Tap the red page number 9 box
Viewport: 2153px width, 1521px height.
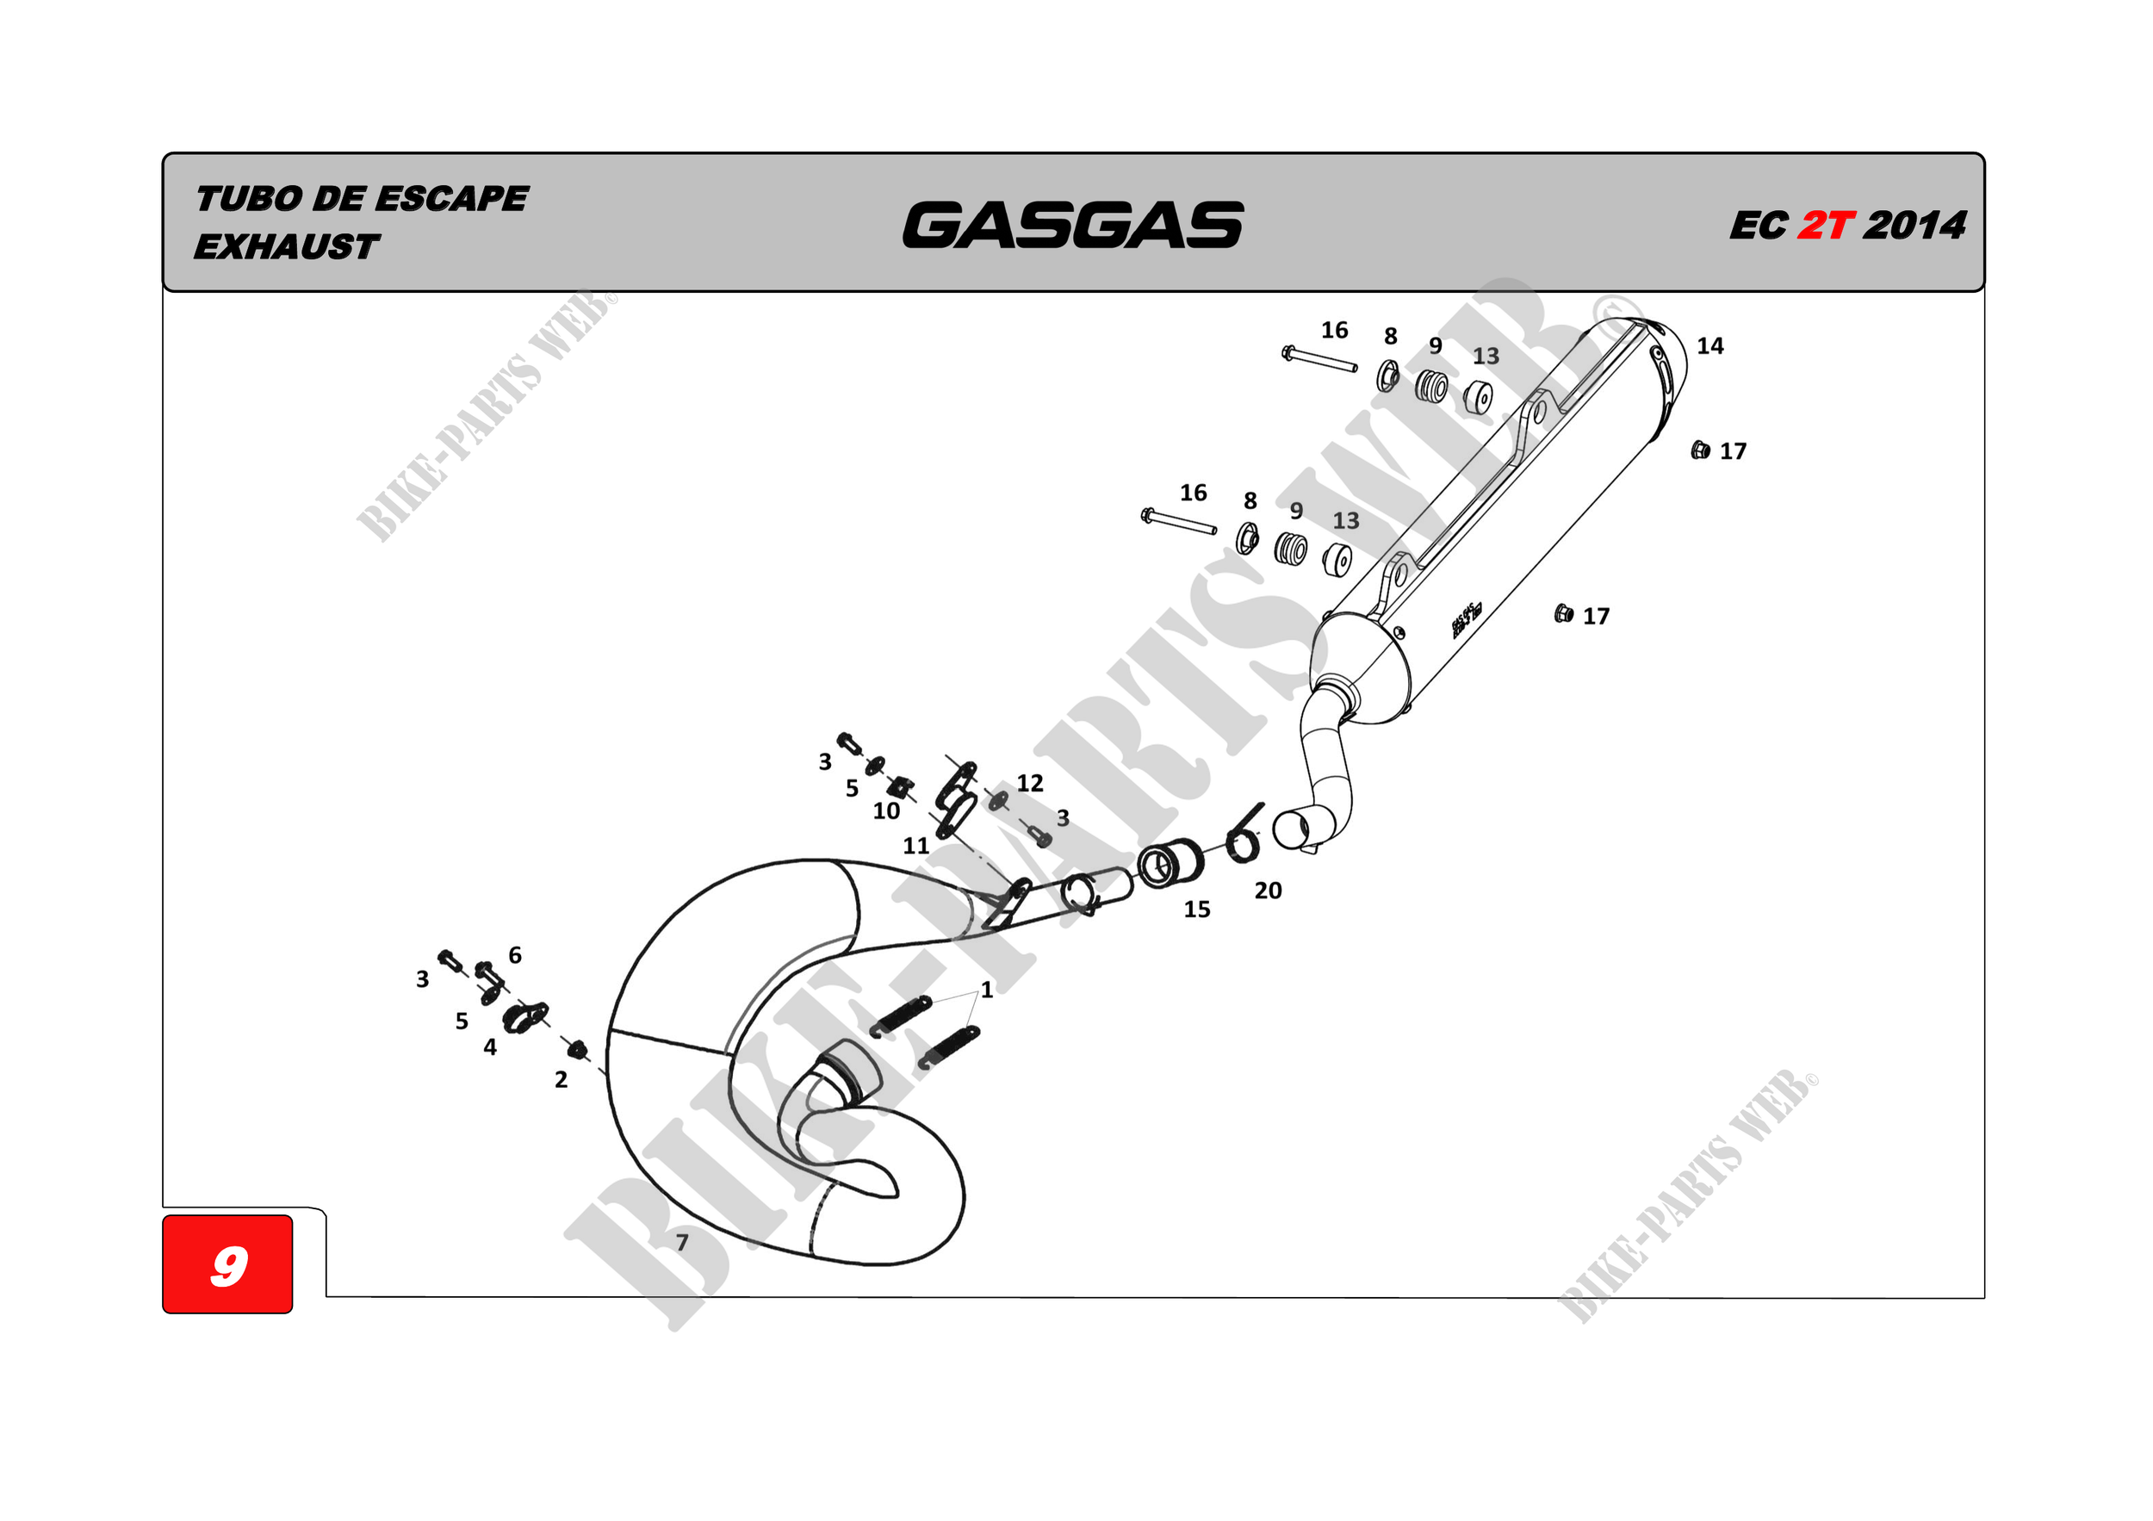coord(228,1264)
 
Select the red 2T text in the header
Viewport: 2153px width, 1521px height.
coord(1825,226)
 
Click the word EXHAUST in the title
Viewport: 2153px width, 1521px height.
coord(286,247)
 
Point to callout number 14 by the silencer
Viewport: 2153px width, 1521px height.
coord(1709,346)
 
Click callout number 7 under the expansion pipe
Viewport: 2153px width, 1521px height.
coord(682,1243)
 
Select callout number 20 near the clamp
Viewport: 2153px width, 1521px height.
coord(1268,891)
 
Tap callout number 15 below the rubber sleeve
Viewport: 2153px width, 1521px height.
coord(1196,909)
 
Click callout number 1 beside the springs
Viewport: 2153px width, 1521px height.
coord(986,990)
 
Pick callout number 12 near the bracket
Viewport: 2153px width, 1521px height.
coord(1030,783)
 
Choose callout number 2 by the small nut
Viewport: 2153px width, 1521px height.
coord(561,1079)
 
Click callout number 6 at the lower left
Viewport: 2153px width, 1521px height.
coord(515,954)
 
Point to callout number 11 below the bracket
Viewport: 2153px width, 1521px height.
coord(915,846)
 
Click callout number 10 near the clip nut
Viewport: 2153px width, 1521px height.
coord(886,811)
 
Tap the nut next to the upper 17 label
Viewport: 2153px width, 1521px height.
coord(1699,450)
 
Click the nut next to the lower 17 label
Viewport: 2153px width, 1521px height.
coord(1562,614)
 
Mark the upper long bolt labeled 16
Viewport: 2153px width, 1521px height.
coord(1319,359)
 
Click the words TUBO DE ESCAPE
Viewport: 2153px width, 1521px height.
coord(362,199)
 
